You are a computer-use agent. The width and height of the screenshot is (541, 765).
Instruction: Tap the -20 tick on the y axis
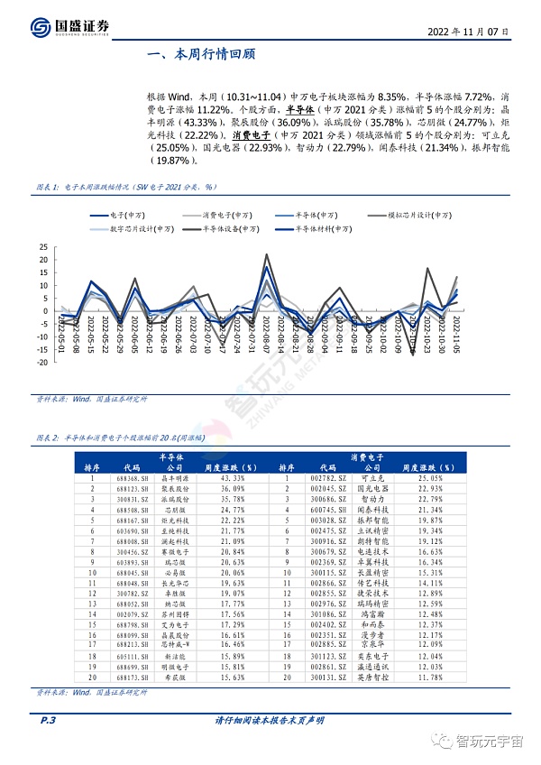tap(41, 363)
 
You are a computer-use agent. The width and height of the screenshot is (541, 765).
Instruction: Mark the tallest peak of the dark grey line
tap(267, 255)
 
